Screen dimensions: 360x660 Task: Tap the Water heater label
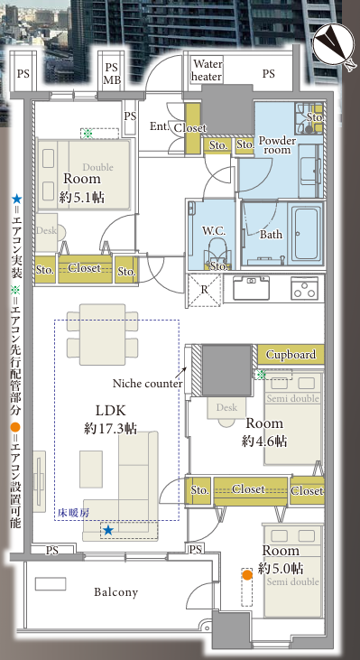(207, 70)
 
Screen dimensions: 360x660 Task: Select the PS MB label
(112, 73)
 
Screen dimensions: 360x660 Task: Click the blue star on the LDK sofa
(108, 530)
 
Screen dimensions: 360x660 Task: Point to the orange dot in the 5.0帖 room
(247, 574)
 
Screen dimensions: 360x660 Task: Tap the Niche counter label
(147, 384)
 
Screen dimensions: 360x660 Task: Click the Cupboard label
(291, 355)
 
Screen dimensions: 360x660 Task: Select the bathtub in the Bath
(307, 233)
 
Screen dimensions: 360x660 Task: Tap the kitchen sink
(251, 287)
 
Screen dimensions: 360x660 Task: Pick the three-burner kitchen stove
(304, 287)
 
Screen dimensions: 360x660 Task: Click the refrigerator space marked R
(204, 290)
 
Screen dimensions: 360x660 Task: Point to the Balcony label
(115, 592)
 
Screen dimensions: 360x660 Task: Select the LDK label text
(111, 411)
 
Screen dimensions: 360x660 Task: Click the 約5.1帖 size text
(81, 198)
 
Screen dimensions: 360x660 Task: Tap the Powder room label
(277, 145)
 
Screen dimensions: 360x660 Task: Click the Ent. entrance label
(160, 125)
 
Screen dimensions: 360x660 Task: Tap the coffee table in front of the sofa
(91, 469)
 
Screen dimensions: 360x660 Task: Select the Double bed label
(98, 167)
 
